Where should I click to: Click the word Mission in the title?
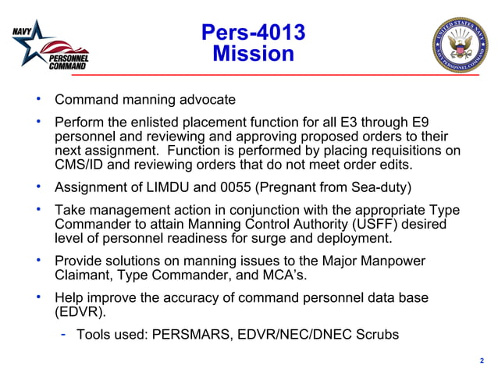(253, 54)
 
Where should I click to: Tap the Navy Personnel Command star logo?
(48, 47)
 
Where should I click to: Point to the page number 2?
(482, 361)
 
